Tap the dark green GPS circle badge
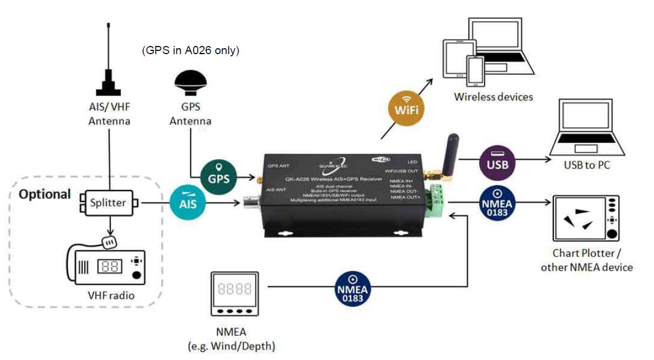219,177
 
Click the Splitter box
108,203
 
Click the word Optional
45,194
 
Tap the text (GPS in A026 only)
191,50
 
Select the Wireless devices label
493,97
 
